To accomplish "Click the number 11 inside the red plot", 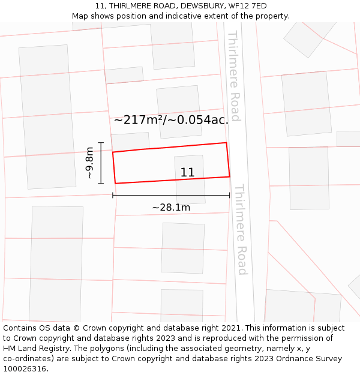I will coord(187,173).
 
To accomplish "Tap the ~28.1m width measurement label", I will coord(171,208).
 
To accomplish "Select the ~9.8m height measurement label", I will coord(89,163).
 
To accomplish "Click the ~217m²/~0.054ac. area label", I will coord(171,120).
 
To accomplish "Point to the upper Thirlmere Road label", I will coord(234,76).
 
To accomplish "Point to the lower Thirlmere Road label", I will coord(241,229).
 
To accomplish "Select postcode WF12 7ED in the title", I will coord(248,6).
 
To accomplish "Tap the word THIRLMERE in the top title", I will coord(131,6).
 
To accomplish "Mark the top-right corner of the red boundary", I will coord(226,143).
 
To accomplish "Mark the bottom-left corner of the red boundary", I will coord(115,183).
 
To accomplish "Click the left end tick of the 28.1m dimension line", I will coord(113,195).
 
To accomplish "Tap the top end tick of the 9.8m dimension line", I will coord(101,143).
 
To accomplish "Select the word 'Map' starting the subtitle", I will coord(80,16).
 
